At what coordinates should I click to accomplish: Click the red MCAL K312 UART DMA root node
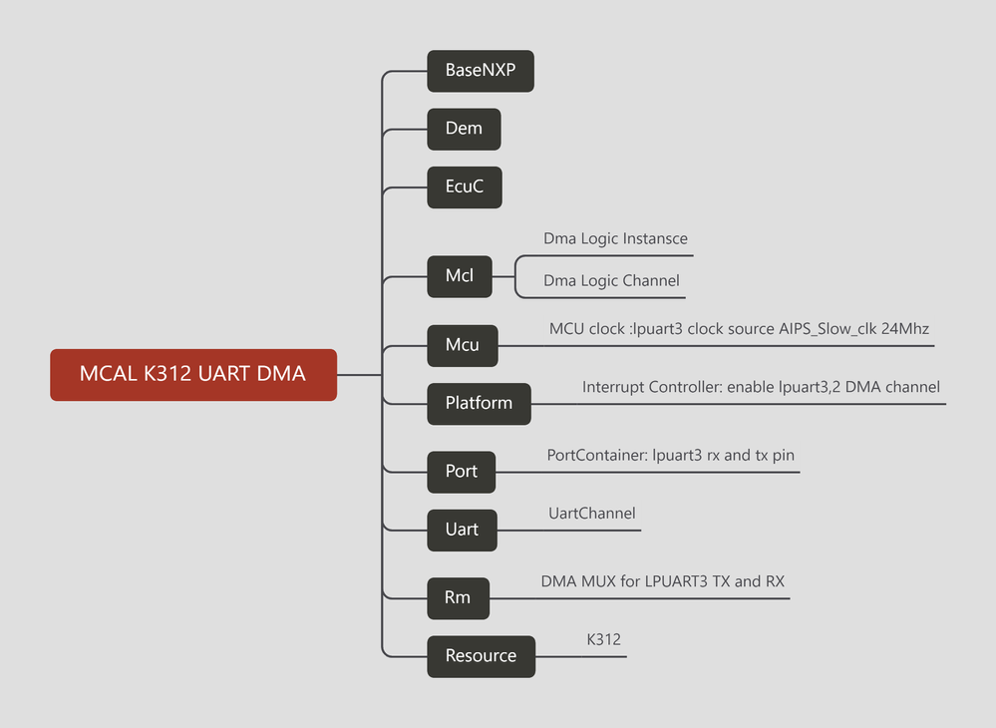point(192,374)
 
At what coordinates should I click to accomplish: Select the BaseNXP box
point(481,71)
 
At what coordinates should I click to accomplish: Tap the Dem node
point(464,129)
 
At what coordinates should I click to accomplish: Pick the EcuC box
point(464,186)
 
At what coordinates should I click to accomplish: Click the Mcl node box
point(459,276)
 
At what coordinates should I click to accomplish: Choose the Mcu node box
point(462,345)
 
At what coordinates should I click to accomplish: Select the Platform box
point(479,403)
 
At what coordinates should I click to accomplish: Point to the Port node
point(461,471)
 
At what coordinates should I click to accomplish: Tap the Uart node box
point(462,529)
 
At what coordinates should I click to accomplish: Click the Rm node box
point(458,598)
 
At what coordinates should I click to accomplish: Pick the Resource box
point(481,656)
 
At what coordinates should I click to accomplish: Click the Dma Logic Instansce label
point(615,239)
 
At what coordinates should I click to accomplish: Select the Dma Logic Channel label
point(611,281)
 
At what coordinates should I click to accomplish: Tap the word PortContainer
point(596,456)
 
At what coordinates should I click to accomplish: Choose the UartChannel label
point(591,514)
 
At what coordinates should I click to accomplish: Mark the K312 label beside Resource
point(603,640)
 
